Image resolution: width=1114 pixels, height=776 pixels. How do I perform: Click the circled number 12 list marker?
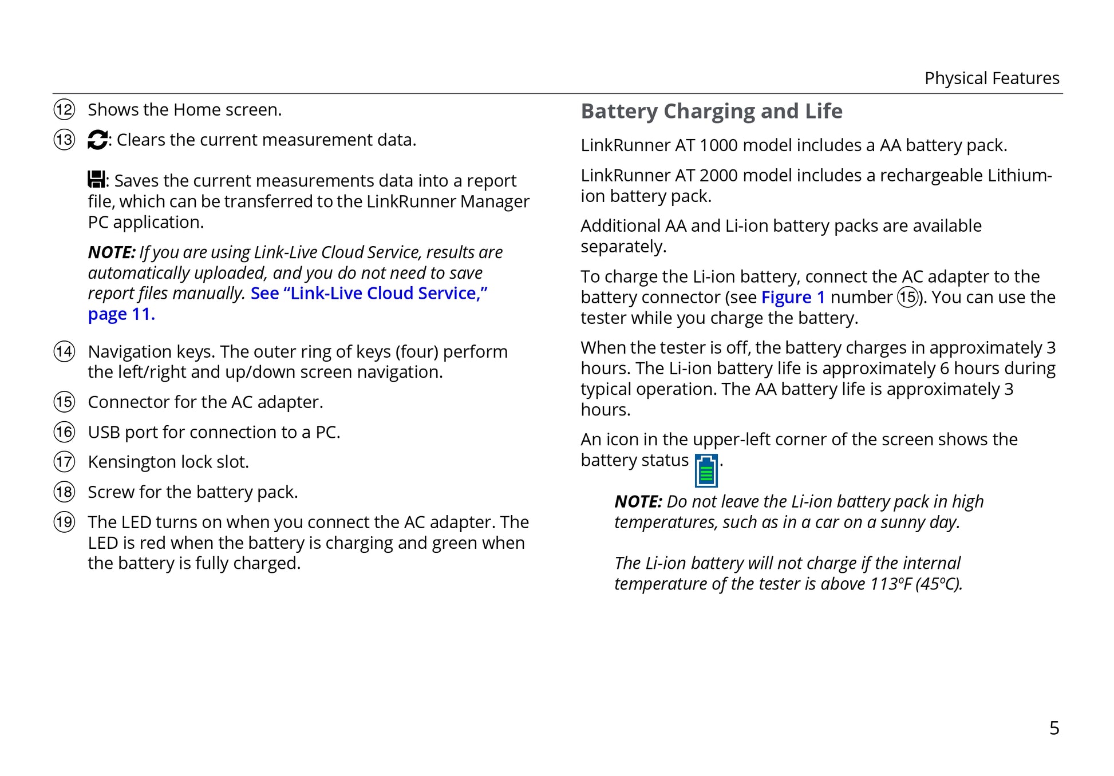click(64, 109)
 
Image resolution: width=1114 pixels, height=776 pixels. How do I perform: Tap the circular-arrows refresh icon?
click(97, 140)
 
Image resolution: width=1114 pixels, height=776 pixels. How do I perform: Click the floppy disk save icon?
click(96, 180)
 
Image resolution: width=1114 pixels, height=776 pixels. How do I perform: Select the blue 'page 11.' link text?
click(121, 314)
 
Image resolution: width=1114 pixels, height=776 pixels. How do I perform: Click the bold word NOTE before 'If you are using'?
click(111, 252)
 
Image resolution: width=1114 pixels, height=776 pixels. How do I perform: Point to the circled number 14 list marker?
click(64, 351)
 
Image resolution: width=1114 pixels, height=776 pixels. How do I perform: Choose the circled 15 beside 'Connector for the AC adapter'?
click(64, 402)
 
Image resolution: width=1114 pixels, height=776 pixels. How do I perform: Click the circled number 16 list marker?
click(64, 432)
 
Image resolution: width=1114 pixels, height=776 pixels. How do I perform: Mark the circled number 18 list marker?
click(64, 492)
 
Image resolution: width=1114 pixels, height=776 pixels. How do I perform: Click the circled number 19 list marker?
click(64, 522)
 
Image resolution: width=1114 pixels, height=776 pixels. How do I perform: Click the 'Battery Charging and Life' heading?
click(711, 111)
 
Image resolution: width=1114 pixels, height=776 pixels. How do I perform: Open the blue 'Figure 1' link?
click(793, 298)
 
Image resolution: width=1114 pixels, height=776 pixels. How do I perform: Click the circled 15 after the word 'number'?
click(907, 298)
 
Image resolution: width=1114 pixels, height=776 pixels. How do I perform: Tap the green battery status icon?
click(706, 470)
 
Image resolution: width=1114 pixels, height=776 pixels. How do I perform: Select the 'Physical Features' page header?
click(991, 78)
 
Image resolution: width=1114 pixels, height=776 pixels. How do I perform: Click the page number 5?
click(1054, 728)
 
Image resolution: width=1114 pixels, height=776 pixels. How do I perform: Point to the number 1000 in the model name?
click(718, 145)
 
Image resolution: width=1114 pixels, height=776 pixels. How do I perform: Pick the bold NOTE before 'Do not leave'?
click(638, 502)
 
